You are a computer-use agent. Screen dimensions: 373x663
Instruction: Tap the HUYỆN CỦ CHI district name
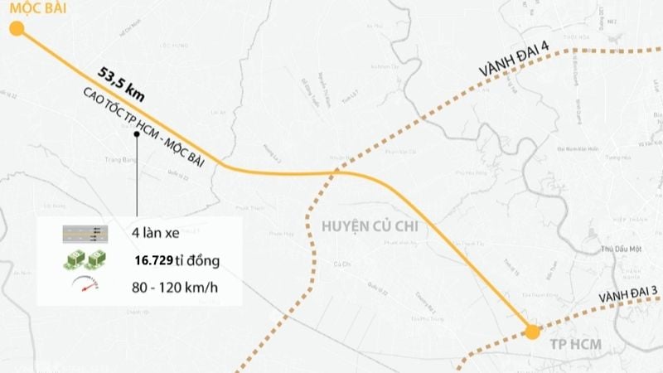(365, 226)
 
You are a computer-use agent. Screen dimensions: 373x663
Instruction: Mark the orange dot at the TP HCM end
(532, 332)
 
